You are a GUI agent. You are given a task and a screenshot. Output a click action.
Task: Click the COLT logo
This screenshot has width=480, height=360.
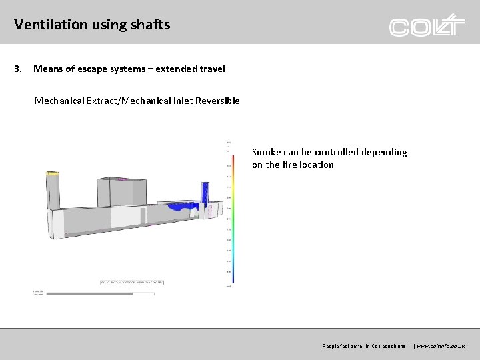[427, 26]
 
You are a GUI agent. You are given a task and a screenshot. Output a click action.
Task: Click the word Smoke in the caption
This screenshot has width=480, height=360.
[266, 152]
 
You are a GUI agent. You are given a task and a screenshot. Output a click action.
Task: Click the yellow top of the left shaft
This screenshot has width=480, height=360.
[53, 174]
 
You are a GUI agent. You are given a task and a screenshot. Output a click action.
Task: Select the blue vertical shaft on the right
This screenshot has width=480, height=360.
[205, 191]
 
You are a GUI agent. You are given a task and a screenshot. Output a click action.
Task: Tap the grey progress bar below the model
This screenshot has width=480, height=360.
[89, 293]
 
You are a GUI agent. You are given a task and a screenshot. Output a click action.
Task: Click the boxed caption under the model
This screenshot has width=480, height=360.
[131, 282]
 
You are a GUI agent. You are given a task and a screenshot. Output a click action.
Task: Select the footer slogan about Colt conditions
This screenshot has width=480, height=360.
[364, 346]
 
